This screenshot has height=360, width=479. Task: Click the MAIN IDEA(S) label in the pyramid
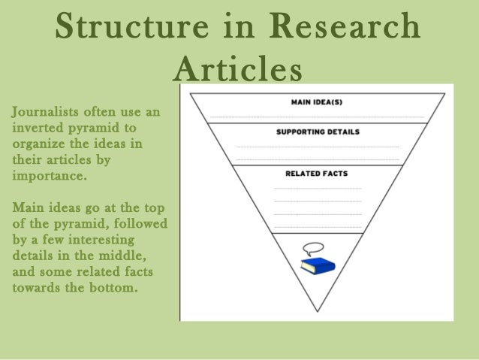pos(316,101)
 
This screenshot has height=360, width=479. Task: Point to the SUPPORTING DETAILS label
pos(318,132)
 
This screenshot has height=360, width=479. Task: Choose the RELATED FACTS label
pos(317,174)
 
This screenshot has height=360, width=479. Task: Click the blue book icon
pos(316,265)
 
